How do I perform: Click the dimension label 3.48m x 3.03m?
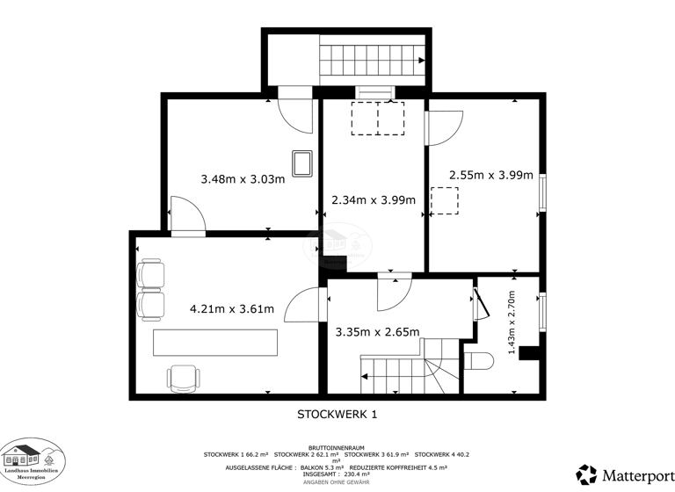(x=243, y=178)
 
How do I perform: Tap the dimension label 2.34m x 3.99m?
(x=373, y=199)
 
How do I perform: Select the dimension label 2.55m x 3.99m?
(x=490, y=175)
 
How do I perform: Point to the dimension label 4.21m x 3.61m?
(x=232, y=308)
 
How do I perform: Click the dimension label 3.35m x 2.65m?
(x=377, y=331)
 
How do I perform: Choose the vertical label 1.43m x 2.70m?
(x=512, y=324)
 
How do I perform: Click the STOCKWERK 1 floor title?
(x=337, y=412)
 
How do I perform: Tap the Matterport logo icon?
(x=586, y=474)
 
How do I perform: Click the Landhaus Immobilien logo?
(x=32, y=458)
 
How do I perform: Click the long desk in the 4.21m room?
(x=215, y=343)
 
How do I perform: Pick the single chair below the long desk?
(x=182, y=378)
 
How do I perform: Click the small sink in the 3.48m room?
(x=303, y=163)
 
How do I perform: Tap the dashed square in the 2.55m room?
(x=444, y=200)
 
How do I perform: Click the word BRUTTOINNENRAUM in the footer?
(x=337, y=446)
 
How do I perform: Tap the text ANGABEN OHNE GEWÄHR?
(x=337, y=482)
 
